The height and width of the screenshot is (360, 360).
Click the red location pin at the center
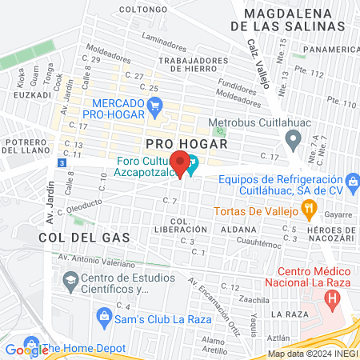(182, 163)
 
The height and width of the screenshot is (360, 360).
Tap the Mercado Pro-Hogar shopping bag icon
(155, 104)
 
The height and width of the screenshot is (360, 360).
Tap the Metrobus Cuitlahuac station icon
(222, 130)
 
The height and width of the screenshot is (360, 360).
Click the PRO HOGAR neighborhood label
(186, 143)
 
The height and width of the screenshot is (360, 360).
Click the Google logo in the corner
(26, 350)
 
